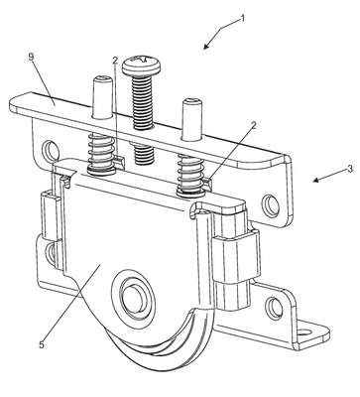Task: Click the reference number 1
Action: pyautogui.click(x=243, y=18)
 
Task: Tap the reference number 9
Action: pyautogui.click(x=31, y=58)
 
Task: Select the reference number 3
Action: pyautogui.click(x=350, y=169)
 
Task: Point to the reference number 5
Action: pyautogui.click(x=42, y=344)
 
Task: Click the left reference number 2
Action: pyautogui.click(x=115, y=61)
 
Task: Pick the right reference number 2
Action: pyautogui.click(x=254, y=125)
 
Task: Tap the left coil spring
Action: pyautogui.click(x=101, y=154)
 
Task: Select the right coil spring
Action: pyautogui.click(x=191, y=175)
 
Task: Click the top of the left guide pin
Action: pyautogui.click(x=102, y=79)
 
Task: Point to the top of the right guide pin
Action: pyautogui.click(x=192, y=102)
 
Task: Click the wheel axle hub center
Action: pyautogui.click(x=133, y=295)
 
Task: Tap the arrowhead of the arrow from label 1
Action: pyautogui.click(x=206, y=46)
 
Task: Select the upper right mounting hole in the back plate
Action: pyautogui.click(x=271, y=205)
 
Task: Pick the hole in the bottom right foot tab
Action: pyautogui.click(x=305, y=332)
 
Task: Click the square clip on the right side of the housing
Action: pyautogui.click(x=235, y=255)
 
